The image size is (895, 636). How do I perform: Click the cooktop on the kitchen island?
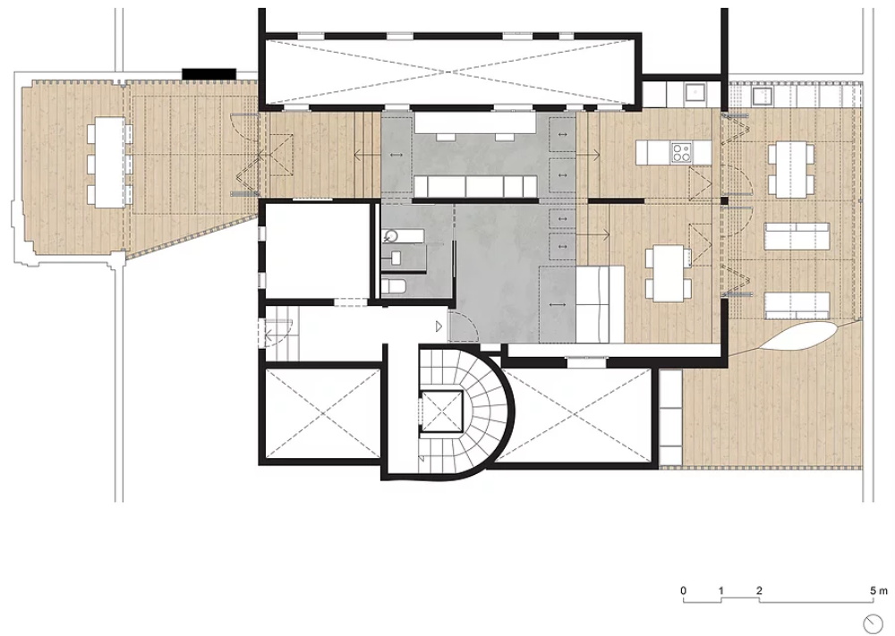click(680, 152)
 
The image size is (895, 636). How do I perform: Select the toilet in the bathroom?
click(394, 287)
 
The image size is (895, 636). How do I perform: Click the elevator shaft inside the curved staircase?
click(441, 411)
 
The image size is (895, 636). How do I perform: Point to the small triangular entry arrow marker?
click(439, 326)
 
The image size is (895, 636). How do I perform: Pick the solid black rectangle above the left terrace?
click(209, 74)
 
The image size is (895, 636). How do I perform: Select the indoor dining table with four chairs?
click(669, 273)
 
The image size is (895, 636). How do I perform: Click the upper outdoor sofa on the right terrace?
click(797, 236)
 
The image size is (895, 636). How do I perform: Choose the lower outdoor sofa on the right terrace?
click(797, 306)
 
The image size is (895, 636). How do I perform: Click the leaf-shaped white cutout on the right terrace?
click(801, 336)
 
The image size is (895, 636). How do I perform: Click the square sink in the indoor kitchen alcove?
click(695, 92)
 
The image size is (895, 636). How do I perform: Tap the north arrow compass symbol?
click(873, 622)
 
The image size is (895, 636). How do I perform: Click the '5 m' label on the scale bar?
click(879, 590)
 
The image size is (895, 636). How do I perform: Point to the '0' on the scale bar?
click(683, 590)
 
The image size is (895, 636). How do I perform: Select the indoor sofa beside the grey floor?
click(601, 304)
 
